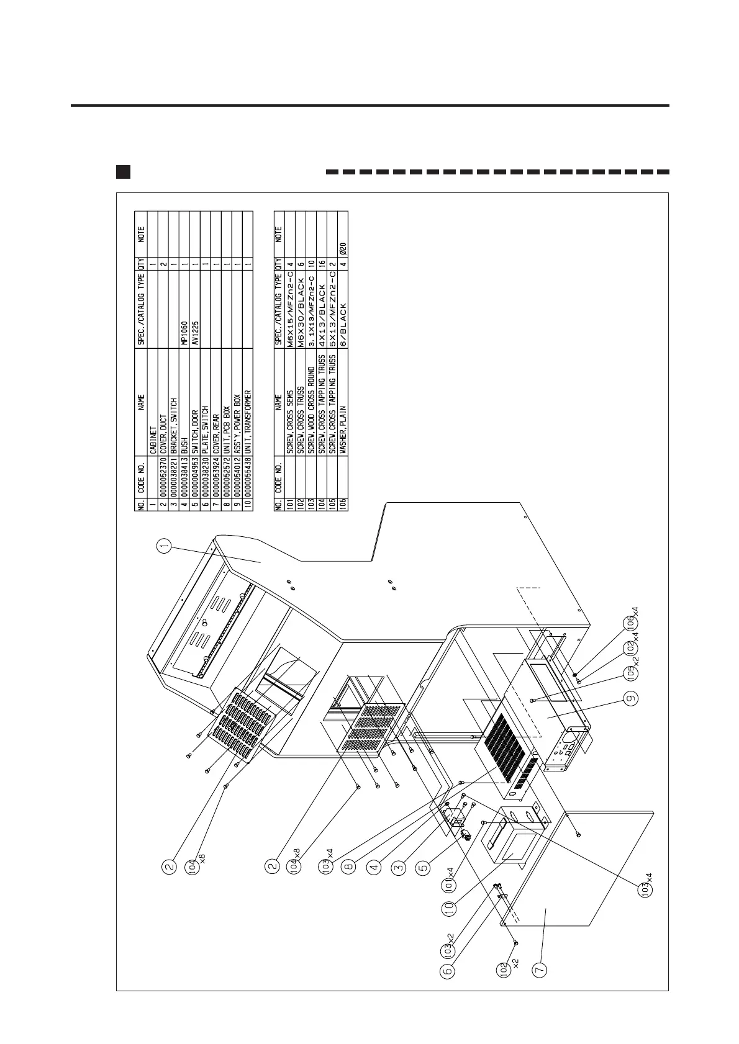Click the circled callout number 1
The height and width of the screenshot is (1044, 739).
click(163, 546)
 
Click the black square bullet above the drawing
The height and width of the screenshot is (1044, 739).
click(123, 171)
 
